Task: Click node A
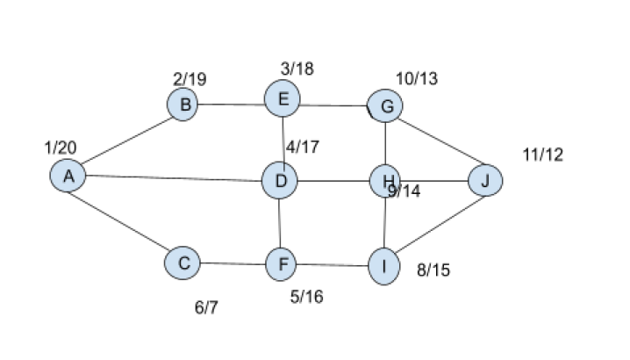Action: [x=68, y=176]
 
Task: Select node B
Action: [x=184, y=105]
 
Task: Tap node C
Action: [x=183, y=262]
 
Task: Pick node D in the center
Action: [x=280, y=182]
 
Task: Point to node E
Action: [x=283, y=99]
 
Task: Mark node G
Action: [x=385, y=107]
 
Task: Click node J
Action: [x=485, y=181]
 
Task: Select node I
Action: [x=383, y=265]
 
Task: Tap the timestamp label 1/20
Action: [x=61, y=148]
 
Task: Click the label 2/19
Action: [x=190, y=79]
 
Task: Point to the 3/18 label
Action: [x=297, y=68]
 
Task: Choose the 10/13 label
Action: [x=416, y=79]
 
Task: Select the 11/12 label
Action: [x=541, y=155]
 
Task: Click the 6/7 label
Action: [x=206, y=307]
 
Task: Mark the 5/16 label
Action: [x=306, y=297]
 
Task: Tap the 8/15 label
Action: [x=433, y=270]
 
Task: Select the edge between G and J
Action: [x=437, y=145]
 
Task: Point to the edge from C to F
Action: [x=233, y=262]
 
